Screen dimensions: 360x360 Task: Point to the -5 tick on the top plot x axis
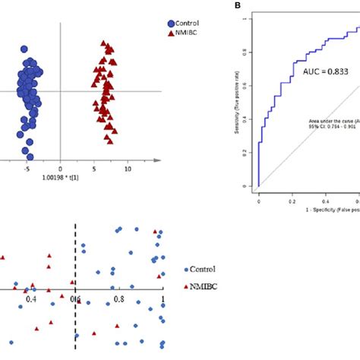pos(26,169)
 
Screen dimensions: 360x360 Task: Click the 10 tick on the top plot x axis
pos(128,169)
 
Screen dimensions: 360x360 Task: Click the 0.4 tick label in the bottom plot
pos(31,299)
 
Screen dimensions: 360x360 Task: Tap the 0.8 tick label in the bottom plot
pos(118,299)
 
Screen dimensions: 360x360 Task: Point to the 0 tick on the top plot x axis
pos(61,169)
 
